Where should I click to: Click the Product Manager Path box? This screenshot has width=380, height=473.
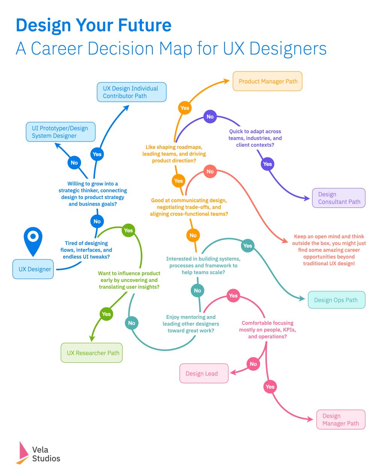(x=267, y=81)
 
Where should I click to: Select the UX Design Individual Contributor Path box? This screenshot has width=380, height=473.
(x=131, y=92)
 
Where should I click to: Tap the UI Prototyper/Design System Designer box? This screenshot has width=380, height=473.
(x=60, y=132)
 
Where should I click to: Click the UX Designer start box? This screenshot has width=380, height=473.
(x=33, y=269)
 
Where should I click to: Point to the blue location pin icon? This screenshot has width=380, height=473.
(x=33, y=240)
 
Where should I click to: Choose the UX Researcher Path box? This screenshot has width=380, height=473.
(x=92, y=352)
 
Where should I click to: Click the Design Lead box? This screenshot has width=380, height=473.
(x=204, y=373)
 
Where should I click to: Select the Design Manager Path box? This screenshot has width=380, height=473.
(x=341, y=419)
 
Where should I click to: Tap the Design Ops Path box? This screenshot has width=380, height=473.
(x=336, y=300)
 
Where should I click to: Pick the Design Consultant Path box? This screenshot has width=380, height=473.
(x=339, y=198)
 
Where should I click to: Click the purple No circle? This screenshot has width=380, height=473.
(x=210, y=117)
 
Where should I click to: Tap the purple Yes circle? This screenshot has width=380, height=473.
(x=267, y=164)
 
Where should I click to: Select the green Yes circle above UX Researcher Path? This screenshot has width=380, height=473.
(x=106, y=314)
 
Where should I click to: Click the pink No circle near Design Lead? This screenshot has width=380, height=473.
(x=253, y=364)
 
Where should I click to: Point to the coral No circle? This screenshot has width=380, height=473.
(x=210, y=172)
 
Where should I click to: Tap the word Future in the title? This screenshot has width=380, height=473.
(x=145, y=26)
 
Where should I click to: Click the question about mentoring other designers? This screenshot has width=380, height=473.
(x=191, y=324)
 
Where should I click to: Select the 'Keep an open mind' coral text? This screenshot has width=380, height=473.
(x=329, y=250)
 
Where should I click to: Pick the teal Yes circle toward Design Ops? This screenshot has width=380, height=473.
(x=247, y=246)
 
